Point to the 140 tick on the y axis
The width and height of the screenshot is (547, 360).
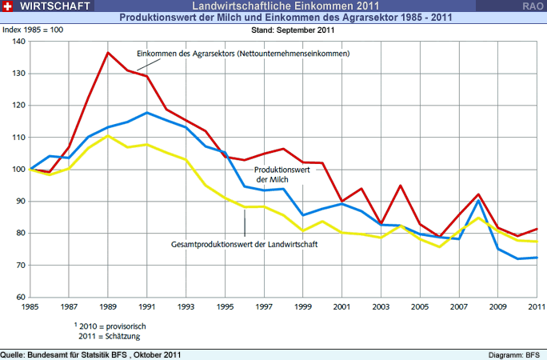click(17, 42)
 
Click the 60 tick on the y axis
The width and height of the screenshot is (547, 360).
click(18, 298)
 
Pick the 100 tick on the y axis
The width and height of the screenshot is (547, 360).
click(17, 170)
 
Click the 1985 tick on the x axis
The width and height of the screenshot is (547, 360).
click(30, 306)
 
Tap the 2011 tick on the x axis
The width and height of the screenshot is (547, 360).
click(536, 306)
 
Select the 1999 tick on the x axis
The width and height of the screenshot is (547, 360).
click(303, 306)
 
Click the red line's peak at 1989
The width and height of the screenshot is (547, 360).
click(109, 53)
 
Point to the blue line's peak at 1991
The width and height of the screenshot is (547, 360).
click(147, 113)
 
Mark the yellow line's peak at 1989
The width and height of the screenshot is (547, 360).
click(109, 135)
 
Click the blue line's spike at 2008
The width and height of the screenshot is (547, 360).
click(478, 200)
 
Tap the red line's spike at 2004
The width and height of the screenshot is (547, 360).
click(400, 186)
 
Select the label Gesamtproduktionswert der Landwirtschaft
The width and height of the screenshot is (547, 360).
click(245, 244)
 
